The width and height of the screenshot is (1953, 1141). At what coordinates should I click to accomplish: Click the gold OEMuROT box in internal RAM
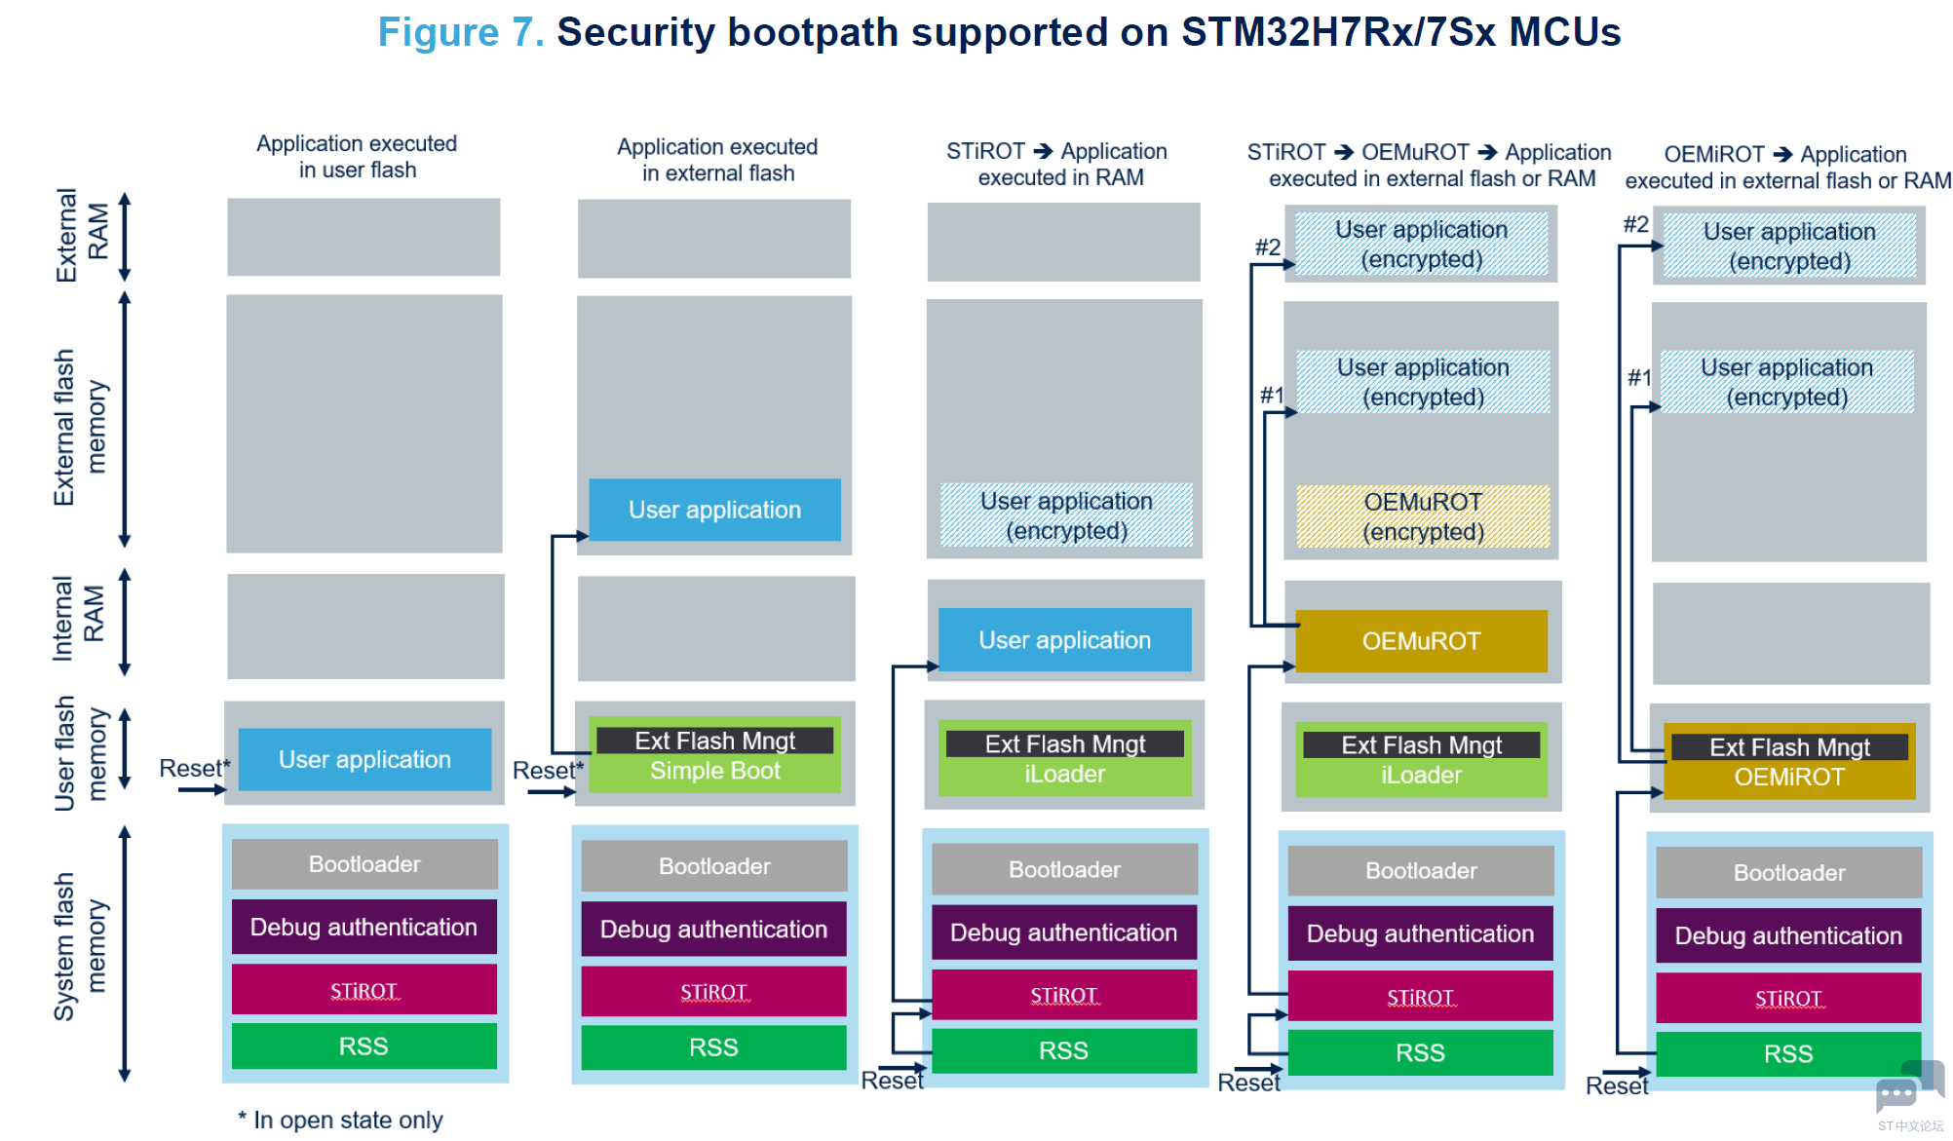[x=1421, y=641]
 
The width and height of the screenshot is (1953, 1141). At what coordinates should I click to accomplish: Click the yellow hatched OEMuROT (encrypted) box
[x=1423, y=516]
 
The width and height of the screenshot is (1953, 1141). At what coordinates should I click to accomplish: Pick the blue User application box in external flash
[x=714, y=510]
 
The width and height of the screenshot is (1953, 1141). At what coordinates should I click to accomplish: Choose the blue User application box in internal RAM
[x=1064, y=640]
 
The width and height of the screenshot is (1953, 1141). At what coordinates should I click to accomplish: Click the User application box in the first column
[x=364, y=759]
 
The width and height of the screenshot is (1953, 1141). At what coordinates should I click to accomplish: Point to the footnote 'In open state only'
[x=340, y=1121]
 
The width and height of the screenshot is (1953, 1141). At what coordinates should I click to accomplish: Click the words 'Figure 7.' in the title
[x=461, y=32]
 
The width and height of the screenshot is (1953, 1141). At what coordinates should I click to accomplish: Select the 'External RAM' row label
[x=82, y=235]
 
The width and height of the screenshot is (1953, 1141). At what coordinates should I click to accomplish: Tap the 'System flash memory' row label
[x=80, y=946]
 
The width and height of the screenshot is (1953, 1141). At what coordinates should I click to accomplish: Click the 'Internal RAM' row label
[x=78, y=618]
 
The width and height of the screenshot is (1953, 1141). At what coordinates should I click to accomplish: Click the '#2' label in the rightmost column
[x=1635, y=224]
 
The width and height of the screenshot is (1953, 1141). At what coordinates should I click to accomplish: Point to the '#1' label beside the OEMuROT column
[x=1272, y=395]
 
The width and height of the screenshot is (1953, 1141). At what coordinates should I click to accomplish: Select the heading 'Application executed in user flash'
[x=357, y=157]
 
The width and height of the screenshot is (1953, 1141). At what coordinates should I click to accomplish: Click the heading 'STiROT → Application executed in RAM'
[x=1057, y=164]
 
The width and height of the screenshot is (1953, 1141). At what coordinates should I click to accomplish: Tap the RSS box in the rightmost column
[x=1788, y=1053]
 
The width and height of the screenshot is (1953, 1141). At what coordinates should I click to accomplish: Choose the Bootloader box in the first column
[x=364, y=864]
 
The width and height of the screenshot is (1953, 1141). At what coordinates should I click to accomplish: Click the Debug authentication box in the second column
[x=713, y=930]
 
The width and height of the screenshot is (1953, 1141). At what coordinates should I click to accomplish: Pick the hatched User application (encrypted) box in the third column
[x=1066, y=515]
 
